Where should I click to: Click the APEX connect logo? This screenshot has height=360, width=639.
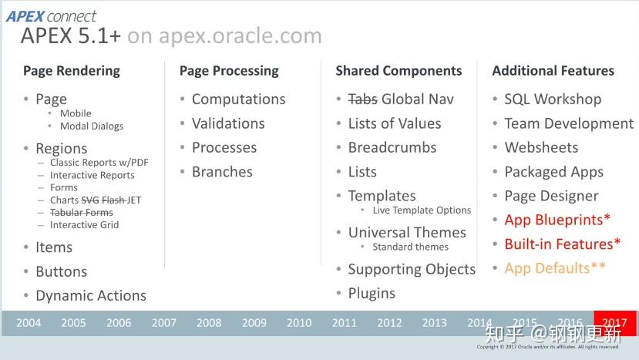pos(52,15)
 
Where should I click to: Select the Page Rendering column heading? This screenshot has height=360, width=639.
pos(72,71)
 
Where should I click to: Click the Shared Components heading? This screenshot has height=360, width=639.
pos(399,71)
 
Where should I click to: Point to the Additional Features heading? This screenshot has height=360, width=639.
pos(553,71)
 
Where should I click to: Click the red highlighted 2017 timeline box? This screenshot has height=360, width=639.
pos(615,323)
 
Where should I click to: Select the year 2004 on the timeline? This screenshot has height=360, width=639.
pos(29,323)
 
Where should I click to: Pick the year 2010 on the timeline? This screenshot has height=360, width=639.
pos(299,323)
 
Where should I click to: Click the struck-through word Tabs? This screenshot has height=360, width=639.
pos(362,99)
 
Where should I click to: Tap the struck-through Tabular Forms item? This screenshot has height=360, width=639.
pos(81,212)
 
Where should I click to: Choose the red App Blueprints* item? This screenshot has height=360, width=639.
pos(557,220)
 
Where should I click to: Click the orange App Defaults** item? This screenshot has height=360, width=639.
pos(555,268)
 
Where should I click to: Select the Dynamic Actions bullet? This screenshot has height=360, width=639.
pos(90,296)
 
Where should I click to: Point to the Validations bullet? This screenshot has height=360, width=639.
pos(228,123)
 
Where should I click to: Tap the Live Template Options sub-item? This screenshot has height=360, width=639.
pos(422,210)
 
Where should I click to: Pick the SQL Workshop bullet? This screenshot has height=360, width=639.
pos(553,99)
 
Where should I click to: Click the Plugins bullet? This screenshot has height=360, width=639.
pos(372,294)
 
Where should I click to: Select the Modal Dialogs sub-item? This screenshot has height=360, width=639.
pos(92,126)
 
